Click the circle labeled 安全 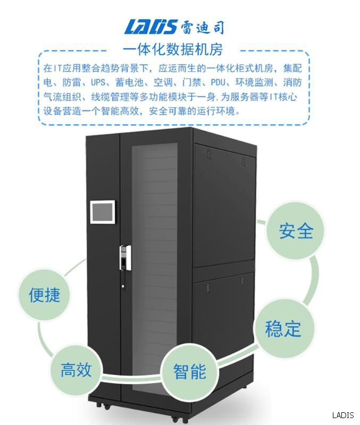pyautogui.click(x=296, y=231)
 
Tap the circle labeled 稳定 pyautogui.click(x=282, y=328)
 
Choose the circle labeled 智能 pyautogui.click(x=189, y=371)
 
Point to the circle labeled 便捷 pyautogui.click(x=45, y=295)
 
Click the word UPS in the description pyautogui.click(x=98, y=83)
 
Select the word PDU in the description pyautogui.click(x=221, y=83)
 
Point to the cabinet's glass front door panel pyautogui.click(x=154, y=266)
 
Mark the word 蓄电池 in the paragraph pyautogui.click(x=132, y=83)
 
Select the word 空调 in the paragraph pyautogui.click(x=163, y=83)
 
